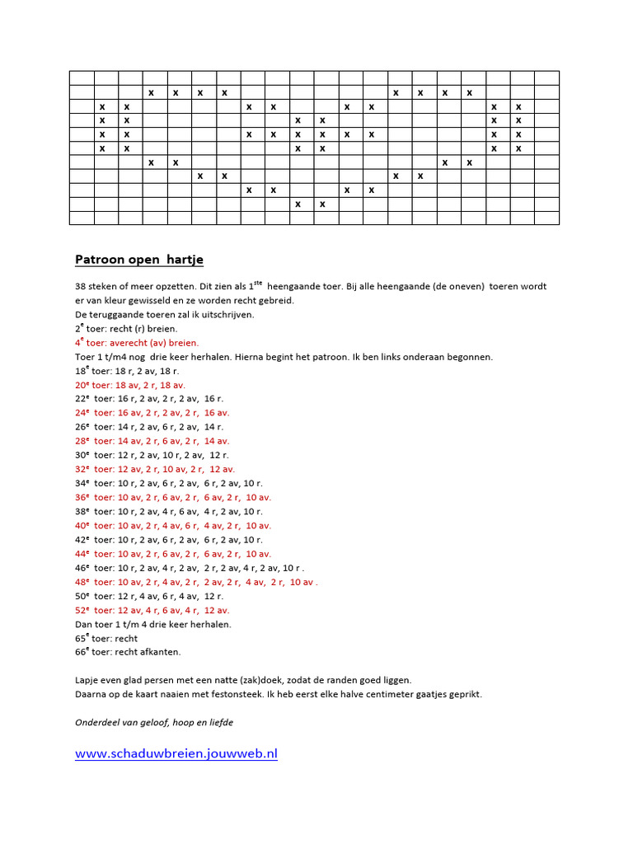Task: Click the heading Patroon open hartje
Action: (x=139, y=260)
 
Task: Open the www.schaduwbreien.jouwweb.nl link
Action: (x=176, y=753)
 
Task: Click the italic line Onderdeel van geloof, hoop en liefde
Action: (x=154, y=723)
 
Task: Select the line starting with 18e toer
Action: (x=127, y=371)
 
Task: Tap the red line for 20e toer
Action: (x=130, y=385)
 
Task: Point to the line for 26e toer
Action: (x=149, y=427)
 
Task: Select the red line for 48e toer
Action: (x=196, y=582)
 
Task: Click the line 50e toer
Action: (x=149, y=596)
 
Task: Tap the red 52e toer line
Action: (x=152, y=610)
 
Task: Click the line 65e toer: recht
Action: (x=106, y=638)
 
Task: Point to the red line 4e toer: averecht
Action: (x=137, y=342)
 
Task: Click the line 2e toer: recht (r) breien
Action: (x=126, y=328)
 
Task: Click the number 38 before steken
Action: (x=81, y=286)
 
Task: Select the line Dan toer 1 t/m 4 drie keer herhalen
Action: (x=153, y=624)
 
